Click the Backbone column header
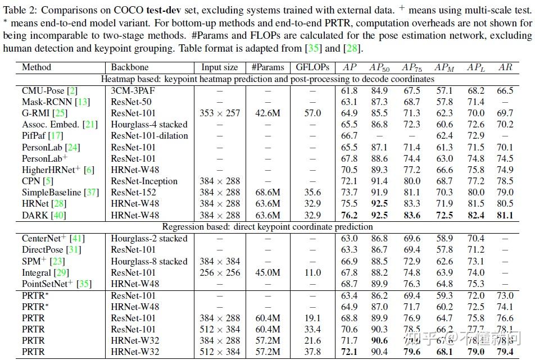(129, 67)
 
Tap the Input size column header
(220, 67)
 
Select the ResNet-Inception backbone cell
(144, 181)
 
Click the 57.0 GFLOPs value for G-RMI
(312, 113)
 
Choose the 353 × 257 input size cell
(220, 113)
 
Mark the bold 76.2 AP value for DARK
(349, 215)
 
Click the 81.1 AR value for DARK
(505, 215)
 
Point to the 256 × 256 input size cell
(220, 272)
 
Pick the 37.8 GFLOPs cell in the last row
(312, 352)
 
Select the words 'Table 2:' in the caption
(20, 9)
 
